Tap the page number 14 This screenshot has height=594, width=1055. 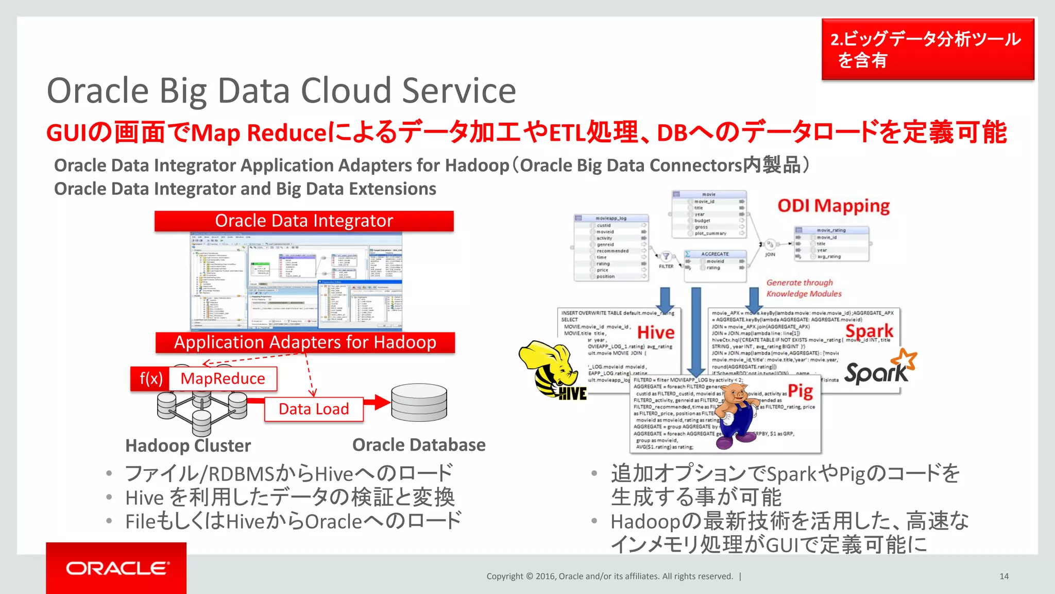[1003, 576]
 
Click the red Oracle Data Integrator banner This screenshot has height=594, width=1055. [304, 221]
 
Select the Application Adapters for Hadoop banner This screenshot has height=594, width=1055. [305, 342]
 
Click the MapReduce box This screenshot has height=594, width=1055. [223, 378]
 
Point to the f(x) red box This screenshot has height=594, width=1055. [150, 378]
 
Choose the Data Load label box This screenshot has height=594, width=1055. [314, 409]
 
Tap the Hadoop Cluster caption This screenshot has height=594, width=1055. [188, 445]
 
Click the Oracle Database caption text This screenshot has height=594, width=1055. [419, 445]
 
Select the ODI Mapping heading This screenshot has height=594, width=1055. [833, 206]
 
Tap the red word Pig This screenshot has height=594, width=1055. [800, 391]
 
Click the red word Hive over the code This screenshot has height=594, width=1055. [656, 332]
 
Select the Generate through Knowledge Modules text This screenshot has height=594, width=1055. [804, 288]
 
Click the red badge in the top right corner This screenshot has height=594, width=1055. [927, 49]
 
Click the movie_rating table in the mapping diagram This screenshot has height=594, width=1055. [831, 243]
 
